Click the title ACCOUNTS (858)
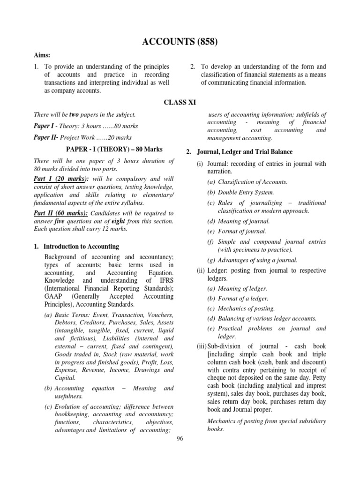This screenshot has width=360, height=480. pos(180,42)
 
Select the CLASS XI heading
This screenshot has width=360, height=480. pos(180,102)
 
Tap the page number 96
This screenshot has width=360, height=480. pos(180,438)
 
